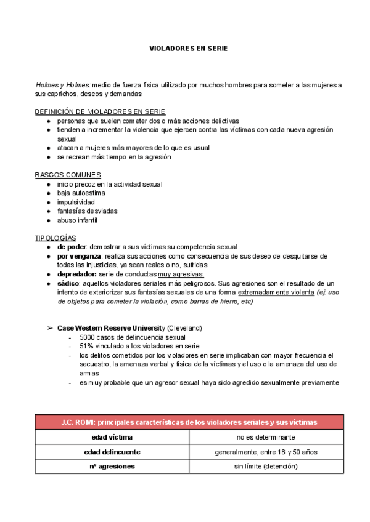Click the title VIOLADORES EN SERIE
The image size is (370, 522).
[189, 48]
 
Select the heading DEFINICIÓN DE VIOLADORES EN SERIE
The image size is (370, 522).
[100, 111]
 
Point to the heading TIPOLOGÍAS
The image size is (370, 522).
[55, 237]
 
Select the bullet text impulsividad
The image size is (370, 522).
[76, 202]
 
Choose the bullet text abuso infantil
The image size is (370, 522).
[77, 220]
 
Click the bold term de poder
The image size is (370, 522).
[72, 247]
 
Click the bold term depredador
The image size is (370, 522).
[76, 274]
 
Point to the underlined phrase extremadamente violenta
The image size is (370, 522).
[276, 292]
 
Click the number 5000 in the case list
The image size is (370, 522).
[89, 337]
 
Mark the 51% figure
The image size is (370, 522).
[86, 346]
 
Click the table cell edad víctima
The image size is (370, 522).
[112, 437]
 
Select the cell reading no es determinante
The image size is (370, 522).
[266, 437]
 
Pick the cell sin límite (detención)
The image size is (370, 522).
[266, 467]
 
